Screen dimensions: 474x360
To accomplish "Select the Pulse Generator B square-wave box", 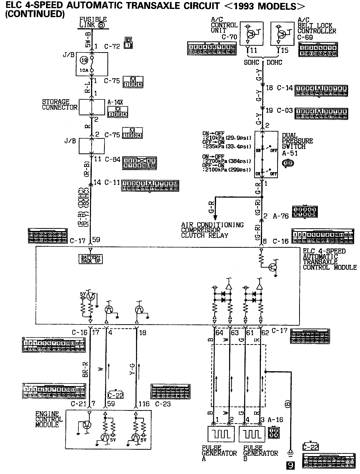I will click(252, 434).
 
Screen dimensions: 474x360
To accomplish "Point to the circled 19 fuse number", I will click(84, 60).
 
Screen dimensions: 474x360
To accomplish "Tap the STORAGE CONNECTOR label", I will click(60, 105).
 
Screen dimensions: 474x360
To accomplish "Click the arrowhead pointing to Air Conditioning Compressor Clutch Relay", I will click(215, 218).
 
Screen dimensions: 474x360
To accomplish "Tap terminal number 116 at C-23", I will click(144, 404).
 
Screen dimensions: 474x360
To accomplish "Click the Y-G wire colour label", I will click(132, 369).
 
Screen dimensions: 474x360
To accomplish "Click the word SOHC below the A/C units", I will click(251, 62).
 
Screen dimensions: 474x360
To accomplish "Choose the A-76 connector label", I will click(281, 216).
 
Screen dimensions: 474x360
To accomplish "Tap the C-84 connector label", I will click(112, 159).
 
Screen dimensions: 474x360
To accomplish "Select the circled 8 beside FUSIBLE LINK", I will click(101, 25).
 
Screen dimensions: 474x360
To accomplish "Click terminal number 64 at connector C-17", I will click(219, 333).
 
